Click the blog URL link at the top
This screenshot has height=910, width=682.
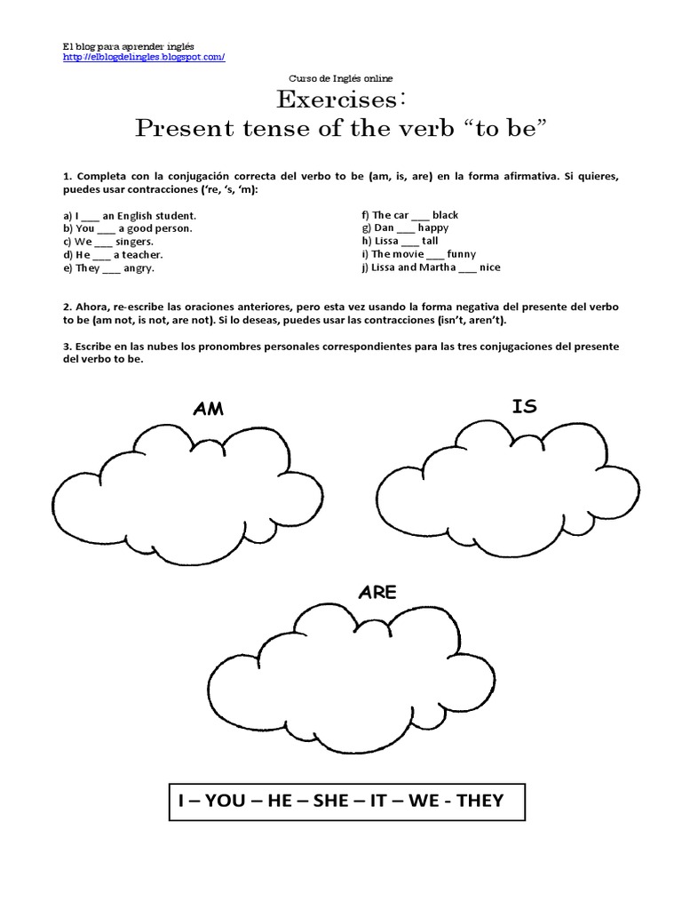tap(143, 57)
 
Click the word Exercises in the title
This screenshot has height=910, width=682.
tap(337, 99)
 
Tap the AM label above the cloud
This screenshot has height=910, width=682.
tap(208, 409)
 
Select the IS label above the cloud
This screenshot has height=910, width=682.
tap(524, 406)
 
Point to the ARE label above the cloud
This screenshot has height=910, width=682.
tap(377, 593)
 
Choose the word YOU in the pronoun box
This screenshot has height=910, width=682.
tap(225, 801)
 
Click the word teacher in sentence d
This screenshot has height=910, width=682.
tap(143, 254)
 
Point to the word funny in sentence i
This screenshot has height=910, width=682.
tap(462, 254)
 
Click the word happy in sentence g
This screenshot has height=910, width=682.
tap(433, 228)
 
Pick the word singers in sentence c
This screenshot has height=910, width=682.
tap(135, 242)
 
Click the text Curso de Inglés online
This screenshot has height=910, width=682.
tap(342, 79)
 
